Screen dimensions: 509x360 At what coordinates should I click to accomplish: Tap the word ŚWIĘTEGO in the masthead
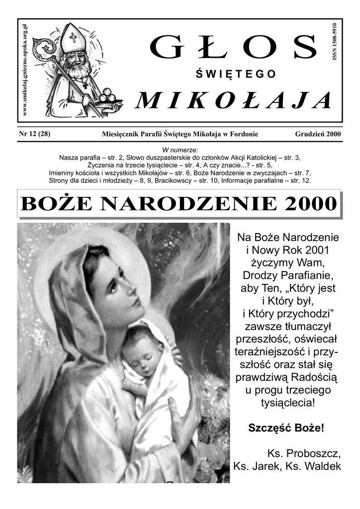235,75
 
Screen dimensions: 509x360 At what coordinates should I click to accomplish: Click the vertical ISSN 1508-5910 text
334,42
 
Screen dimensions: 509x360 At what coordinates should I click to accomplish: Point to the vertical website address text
25,70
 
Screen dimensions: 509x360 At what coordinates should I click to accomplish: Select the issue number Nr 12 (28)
34,134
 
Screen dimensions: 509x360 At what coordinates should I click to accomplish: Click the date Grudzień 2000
317,134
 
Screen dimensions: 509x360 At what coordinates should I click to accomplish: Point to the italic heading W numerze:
180,150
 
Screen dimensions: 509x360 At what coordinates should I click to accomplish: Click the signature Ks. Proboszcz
304,453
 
